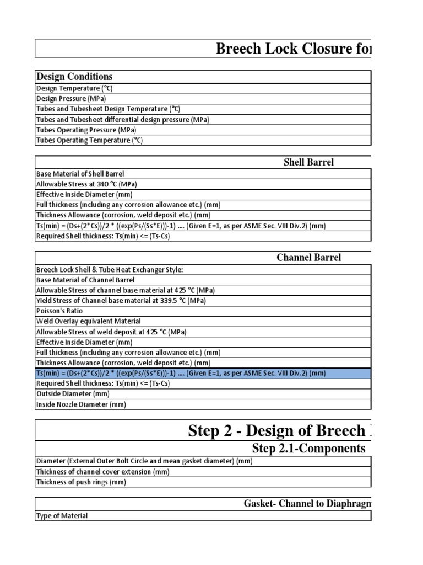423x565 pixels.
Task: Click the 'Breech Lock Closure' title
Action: pyautogui.click(x=293, y=49)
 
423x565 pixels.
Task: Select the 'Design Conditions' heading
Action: pyautogui.click(x=74, y=77)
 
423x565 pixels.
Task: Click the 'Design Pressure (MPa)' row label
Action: pyautogui.click(x=71, y=99)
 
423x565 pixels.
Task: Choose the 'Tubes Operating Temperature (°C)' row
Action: pyautogui.click(x=89, y=141)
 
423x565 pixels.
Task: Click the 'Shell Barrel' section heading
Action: pyautogui.click(x=308, y=162)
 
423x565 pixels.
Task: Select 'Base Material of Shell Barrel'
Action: pyautogui.click(x=80, y=174)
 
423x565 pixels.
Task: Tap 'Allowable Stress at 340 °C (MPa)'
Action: pyautogui.click(x=86, y=184)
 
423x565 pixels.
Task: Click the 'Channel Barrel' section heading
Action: pyautogui.click(x=308, y=258)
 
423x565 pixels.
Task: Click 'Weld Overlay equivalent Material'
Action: pyautogui.click(x=88, y=321)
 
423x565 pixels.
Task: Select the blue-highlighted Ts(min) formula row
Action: pyautogui.click(x=181, y=374)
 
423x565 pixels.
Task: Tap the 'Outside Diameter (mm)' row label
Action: pyautogui.click(x=73, y=394)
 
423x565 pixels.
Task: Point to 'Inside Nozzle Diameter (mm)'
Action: pyautogui.click(x=81, y=404)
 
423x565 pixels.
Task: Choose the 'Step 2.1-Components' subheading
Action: pyautogui.click(x=308, y=449)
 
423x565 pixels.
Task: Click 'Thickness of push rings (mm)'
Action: pyautogui.click(x=81, y=482)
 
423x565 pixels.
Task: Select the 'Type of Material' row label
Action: pyautogui.click(x=62, y=516)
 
